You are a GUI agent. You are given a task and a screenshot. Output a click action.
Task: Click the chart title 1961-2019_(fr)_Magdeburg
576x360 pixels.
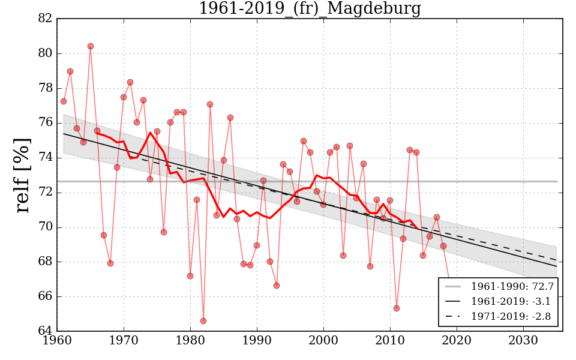coord(310,9)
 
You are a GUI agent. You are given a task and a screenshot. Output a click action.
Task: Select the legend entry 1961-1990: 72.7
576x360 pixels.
coord(512,286)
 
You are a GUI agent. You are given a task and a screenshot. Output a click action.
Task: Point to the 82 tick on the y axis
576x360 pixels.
coord(46,19)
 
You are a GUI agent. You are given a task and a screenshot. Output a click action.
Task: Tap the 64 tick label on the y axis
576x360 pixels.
coord(46,331)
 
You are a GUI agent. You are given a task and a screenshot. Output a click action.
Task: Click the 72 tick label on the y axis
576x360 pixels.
coord(46,193)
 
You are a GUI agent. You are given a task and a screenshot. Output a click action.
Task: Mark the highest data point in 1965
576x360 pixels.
coord(91,46)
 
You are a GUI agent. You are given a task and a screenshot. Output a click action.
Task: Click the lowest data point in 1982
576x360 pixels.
coord(203,321)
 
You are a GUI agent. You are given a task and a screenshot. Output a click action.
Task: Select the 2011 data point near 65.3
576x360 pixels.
coord(397,308)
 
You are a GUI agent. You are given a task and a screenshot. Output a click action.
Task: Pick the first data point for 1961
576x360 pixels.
coord(64,101)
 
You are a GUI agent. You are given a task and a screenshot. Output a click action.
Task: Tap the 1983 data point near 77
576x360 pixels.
coord(210,104)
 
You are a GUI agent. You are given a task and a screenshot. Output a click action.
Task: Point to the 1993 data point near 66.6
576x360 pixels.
coord(277,286)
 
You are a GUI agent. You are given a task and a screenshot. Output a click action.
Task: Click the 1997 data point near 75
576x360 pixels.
coord(304,141)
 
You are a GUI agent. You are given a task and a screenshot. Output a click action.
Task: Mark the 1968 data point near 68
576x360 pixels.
coord(110,263)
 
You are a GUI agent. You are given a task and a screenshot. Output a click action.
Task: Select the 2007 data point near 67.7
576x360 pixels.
coord(370,266)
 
